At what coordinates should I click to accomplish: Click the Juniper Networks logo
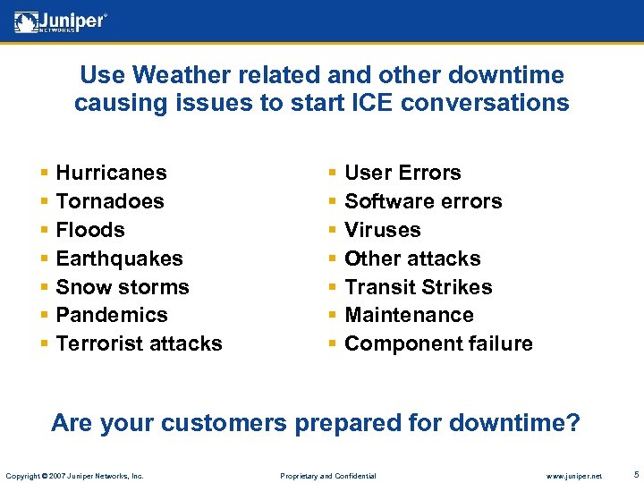tap(60, 21)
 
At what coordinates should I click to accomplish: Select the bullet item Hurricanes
tap(111, 173)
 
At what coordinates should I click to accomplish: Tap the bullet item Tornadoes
tap(110, 201)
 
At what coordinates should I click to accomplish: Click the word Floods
tap(90, 230)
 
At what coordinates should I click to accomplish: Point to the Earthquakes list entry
tap(119, 258)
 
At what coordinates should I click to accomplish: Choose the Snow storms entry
tap(123, 287)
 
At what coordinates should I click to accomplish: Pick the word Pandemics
tap(112, 315)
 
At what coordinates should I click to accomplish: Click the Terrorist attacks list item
tap(139, 343)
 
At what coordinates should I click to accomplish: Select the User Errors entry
tap(402, 173)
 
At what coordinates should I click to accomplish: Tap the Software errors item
tap(423, 201)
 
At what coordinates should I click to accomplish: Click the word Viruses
tap(382, 230)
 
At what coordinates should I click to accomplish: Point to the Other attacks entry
tap(412, 258)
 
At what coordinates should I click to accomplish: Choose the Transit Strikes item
tap(418, 287)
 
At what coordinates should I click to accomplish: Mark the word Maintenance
tap(409, 315)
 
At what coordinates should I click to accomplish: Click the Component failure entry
tap(438, 343)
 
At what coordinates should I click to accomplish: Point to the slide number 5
tap(635, 473)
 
